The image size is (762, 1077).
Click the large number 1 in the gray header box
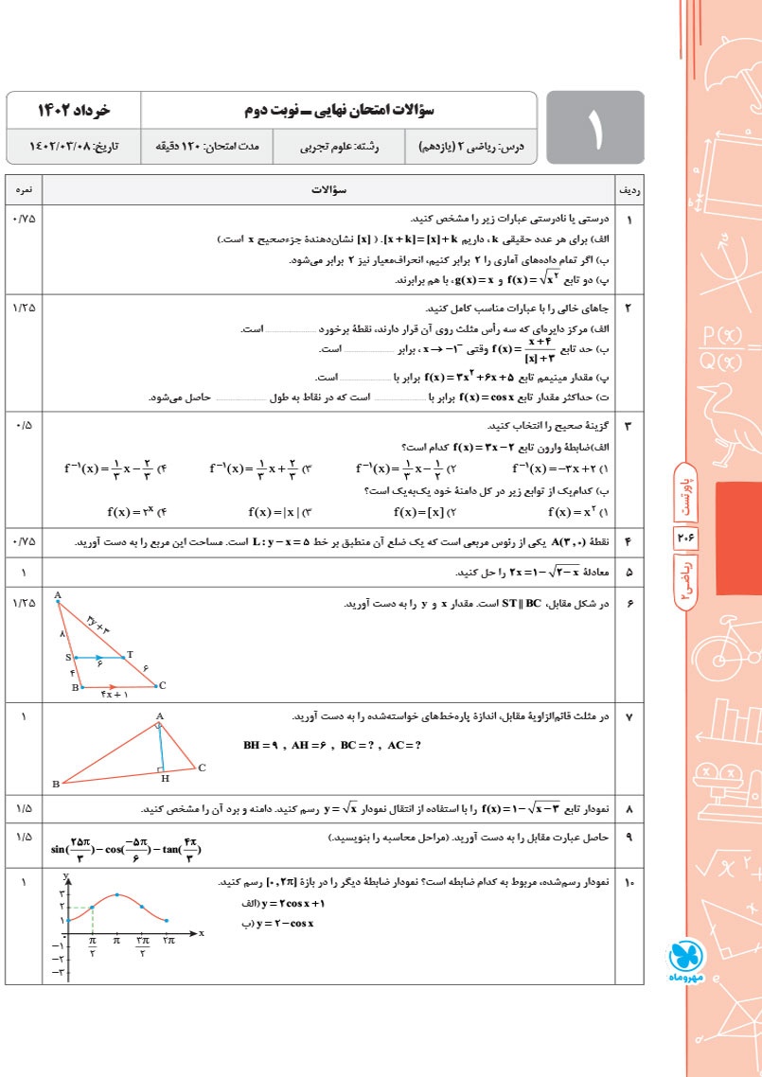pos(595,129)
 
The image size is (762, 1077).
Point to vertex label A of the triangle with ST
pos(58,596)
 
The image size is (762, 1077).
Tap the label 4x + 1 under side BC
pos(114,697)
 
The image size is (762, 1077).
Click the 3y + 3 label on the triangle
pos(98,626)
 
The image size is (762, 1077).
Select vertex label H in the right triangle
pos(165,778)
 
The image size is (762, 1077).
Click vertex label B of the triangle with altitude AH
pos(56,784)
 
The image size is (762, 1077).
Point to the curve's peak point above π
pos(116,894)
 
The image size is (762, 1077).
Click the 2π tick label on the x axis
pos(168,939)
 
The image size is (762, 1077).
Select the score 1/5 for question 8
pos(24,809)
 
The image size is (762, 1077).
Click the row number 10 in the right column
pos(629,882)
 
